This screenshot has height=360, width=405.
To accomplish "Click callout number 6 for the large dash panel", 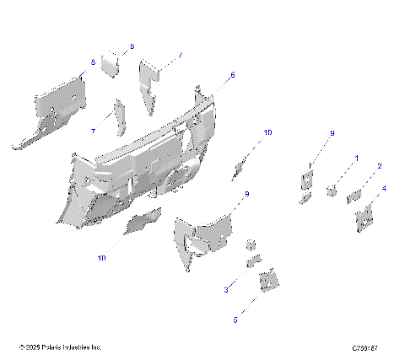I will coord(233,75).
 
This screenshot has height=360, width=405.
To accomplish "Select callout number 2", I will coord(380,167).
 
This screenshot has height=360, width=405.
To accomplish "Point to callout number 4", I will coord(385,190).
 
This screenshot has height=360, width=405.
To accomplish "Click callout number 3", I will coord(226,289).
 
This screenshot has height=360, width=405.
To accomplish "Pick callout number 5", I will coord(235,320).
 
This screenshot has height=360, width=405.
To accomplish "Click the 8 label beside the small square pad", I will coord(132,46).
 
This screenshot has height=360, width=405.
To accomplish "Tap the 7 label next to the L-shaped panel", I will coord(180,56).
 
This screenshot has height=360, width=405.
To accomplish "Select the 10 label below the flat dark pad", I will coord(101,259).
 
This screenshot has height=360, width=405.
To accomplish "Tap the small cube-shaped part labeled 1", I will coord(332,189).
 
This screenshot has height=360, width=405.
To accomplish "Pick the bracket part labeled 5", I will coord(269,280).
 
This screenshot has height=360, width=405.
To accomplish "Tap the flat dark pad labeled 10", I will coord(143,222).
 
